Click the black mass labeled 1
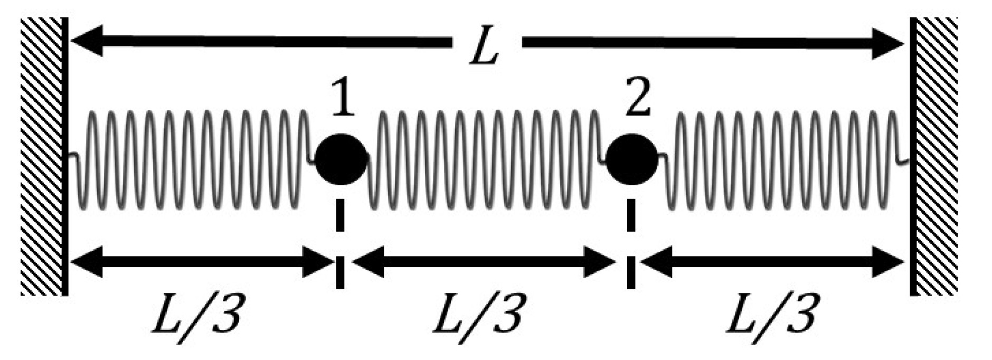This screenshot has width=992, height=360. (x=341, y=159)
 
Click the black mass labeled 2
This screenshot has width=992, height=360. (x=631, y=159)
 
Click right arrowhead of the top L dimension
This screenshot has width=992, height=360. (x=890, y=44)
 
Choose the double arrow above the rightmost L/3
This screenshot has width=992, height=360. (x=773, y=261)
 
